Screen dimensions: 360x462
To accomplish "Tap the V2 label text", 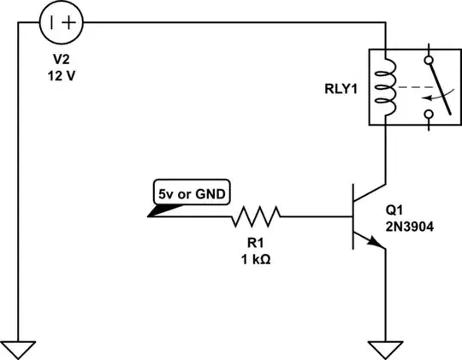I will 62,60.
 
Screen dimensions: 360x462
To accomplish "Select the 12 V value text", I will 62,75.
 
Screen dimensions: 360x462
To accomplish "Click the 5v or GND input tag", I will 191,194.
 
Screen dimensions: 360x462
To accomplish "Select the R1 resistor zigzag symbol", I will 258,217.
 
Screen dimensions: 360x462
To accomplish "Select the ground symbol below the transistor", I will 386,348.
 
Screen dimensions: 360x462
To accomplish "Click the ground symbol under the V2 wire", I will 19,348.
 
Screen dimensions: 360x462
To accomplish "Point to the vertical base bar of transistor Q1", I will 352,217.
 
